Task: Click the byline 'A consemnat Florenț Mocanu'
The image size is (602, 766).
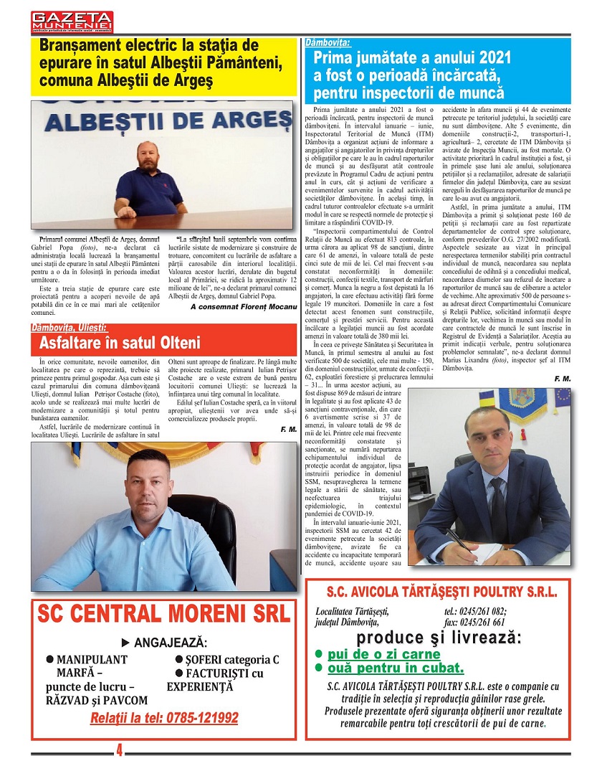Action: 243,306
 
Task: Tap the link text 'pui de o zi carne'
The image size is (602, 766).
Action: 384,654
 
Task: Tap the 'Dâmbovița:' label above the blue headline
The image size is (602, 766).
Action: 327,43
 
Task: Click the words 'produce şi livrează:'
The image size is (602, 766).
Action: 439,638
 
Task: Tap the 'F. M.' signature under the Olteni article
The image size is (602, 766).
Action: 288,429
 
